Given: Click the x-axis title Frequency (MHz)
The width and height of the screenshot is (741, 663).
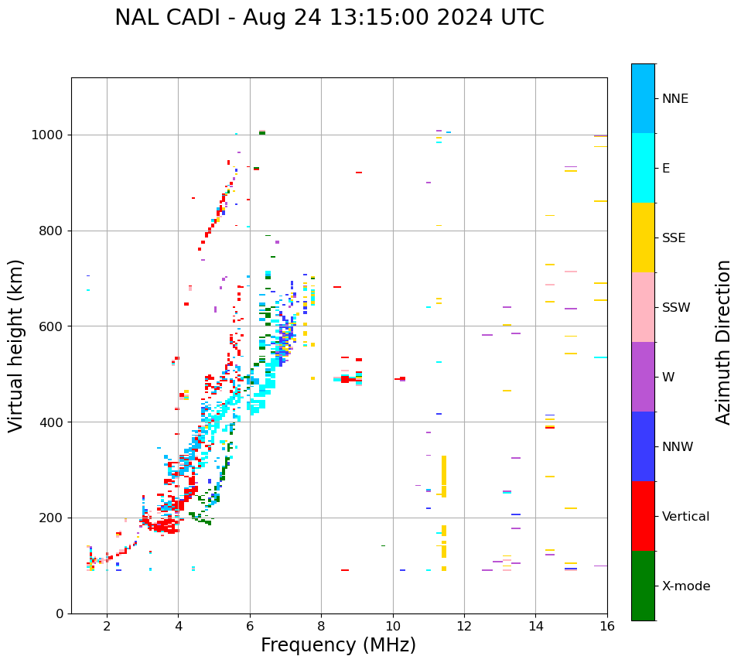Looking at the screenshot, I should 338,645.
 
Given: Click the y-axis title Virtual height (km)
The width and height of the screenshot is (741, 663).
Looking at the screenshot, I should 16,345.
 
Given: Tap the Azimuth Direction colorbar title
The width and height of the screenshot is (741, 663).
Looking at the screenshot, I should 723,342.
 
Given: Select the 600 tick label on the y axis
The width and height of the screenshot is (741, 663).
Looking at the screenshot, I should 53,326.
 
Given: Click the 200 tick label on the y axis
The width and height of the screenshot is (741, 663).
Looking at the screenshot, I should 53,518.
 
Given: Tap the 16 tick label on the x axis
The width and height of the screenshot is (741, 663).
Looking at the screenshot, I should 607,626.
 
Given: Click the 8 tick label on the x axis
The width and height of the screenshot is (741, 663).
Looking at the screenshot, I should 321,626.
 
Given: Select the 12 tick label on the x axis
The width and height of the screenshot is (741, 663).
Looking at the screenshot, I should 464,626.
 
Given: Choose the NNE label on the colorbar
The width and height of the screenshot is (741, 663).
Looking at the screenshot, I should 674,99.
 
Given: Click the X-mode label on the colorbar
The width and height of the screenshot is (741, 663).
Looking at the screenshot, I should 686,586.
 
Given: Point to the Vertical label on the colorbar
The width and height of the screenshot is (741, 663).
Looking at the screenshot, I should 685,517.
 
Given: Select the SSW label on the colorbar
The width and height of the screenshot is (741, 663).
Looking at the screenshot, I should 676,308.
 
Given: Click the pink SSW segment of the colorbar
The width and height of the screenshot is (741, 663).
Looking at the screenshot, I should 643,307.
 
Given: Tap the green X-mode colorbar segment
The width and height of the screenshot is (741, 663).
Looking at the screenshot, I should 643,586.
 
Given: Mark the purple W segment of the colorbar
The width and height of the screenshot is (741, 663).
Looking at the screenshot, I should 643,377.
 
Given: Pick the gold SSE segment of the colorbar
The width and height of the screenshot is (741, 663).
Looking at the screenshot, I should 643,238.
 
